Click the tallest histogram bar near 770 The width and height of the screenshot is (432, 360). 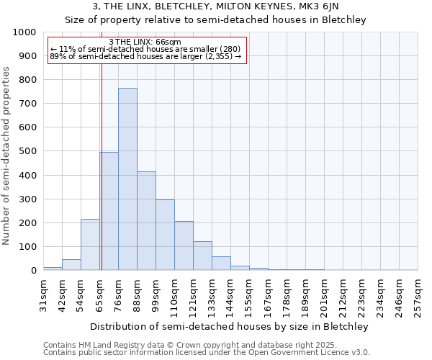(127, 179)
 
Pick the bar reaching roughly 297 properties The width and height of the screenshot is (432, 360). (165, 235)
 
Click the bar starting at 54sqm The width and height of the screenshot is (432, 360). (90, 245)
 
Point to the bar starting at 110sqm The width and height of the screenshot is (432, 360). (184, 246)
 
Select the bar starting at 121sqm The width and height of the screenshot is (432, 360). (202, 256)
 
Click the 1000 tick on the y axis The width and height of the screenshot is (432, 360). (24, 32)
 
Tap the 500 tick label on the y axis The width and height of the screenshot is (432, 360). (27, 151)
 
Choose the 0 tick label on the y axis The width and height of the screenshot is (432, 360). (33, 271)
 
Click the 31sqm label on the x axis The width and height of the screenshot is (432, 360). (43, 295)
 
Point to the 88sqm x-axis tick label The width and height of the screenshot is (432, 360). (137, 295)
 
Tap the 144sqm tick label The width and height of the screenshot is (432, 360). (230, 295)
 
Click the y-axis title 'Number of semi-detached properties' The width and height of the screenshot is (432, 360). (7, 155)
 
